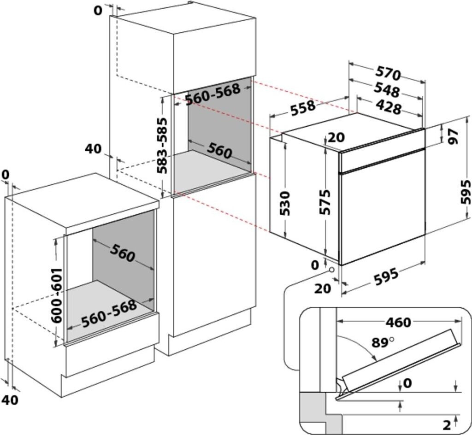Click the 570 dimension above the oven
pos(388,73)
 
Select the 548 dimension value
pos(387,90)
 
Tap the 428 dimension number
pos(389,108)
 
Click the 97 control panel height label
pos(453,136)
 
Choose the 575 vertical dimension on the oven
pos(325,202)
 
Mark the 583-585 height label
pos(162,146)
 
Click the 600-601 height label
pos(57,295)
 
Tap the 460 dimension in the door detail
pos(398,323)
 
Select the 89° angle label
pos(382,342)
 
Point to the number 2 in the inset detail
pos(447,425)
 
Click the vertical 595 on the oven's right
pos(466,192)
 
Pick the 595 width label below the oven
pos(387,276)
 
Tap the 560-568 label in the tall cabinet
pos(213,94)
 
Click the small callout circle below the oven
pos(332,270)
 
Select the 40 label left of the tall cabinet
pos(94,149)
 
